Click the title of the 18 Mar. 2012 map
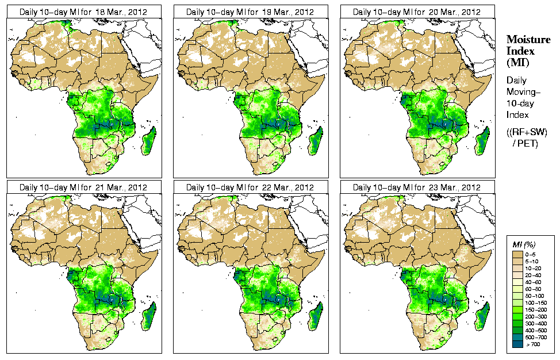tap(83, 12)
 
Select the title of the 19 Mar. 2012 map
tap(250, 12)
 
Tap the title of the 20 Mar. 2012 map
tap(417, 12)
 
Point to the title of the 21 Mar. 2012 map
tap(83, 187)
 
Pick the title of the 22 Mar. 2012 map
tap(250, 187)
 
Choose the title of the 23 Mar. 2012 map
tap(417, 187)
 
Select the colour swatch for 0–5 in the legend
tap(517, 254)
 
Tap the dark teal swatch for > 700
tap(517, 343)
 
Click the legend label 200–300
tap(534, 316)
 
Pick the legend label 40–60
tap(534, 281)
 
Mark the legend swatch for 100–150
tap(517, 302)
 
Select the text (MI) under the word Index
tap(517, 62)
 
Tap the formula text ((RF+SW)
tap(527, 132)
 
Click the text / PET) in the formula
tap(525, 143)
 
